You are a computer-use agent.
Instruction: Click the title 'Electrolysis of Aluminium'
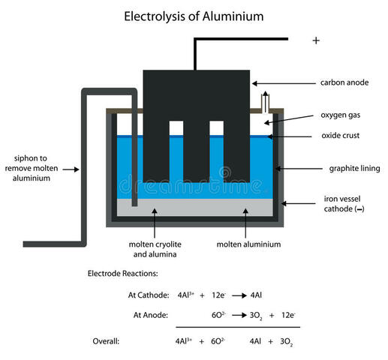[194, 14]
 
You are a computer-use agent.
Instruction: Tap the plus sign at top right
[316, 40]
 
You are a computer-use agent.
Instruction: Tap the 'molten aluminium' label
[248, 244]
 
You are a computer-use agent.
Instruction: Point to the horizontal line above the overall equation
[237, 328]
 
